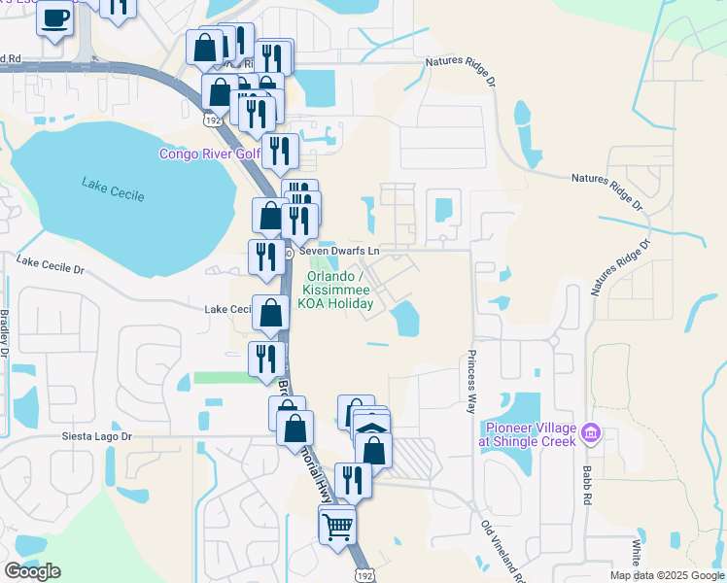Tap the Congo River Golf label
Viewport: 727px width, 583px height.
[209, 154]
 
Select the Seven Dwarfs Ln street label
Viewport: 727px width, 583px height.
[338, 251]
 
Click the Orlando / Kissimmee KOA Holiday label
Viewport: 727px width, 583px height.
[337, 290]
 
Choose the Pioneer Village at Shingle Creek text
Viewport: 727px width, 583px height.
[526, 434]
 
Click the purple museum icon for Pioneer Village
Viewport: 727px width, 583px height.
[590, 432]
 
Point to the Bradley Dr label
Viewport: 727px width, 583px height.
[5, 331]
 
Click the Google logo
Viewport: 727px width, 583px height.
[32, 571]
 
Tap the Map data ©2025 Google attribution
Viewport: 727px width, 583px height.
[667, 575]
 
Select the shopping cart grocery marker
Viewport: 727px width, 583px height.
[337, 527]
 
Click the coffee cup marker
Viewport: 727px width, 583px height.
[55, 17]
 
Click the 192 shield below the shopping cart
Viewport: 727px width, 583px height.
[363, 574]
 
